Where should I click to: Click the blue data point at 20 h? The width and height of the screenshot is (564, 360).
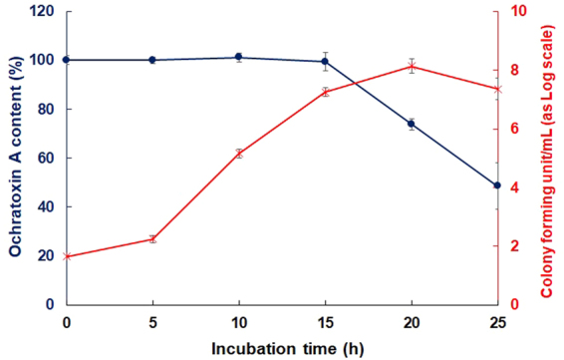[x=411, y=124]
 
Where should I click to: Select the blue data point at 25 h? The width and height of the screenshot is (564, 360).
[x=497, y=185]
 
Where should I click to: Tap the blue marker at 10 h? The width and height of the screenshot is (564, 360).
[x=239, y=58]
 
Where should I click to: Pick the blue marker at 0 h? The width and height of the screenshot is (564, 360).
[x=67, y=60]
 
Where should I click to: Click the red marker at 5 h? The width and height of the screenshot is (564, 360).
[x=152, y=239]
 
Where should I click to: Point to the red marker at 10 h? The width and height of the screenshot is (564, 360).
[x=239, y=153]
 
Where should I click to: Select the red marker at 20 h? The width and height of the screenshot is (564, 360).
[x=411, y=67]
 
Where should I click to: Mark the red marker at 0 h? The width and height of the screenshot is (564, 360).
[x=67, y=256]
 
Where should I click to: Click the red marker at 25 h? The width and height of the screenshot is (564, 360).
[x=497, y=89]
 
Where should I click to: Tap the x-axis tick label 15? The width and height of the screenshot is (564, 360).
[x=325, y=322]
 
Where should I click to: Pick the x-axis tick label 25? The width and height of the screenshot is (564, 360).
[x=497, y=322]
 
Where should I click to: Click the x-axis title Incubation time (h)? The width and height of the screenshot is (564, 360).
[x=281, y=348]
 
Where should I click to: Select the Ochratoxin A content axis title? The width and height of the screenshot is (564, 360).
[x=14, y=158]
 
